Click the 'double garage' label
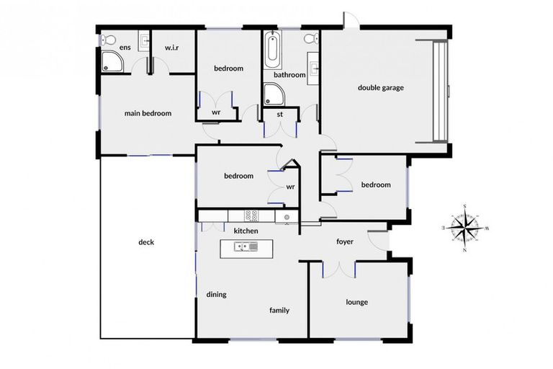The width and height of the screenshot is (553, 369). point(381,88)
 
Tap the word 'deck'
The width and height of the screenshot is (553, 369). point(146,242)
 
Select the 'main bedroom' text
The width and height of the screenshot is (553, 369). point(148,113)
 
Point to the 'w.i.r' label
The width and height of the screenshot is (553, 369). point(171,48)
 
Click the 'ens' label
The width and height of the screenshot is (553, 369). point(125,48)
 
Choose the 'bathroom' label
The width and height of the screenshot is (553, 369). point(289,74)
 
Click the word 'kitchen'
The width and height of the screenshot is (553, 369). point(246,231)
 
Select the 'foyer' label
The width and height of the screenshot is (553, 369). point(345,241)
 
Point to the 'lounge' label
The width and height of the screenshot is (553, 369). point(356,302)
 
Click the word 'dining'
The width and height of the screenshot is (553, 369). point(217,294)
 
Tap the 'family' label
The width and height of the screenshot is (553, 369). point(279,311)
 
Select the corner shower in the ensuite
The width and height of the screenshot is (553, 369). point(112,62)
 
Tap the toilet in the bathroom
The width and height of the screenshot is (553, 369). point(310,38)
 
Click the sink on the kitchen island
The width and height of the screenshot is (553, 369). point(249,247)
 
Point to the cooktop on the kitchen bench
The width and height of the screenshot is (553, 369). point(252,215)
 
